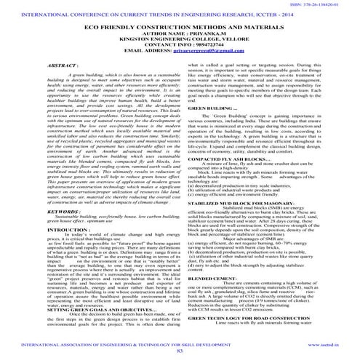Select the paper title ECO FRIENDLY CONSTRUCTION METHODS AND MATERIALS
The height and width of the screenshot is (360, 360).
tap(180, 27)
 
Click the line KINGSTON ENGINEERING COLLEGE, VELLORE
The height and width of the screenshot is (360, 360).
tap(180, 39)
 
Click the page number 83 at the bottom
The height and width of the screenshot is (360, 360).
tap(180, 351)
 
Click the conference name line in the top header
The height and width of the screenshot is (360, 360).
tap(180, 15)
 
